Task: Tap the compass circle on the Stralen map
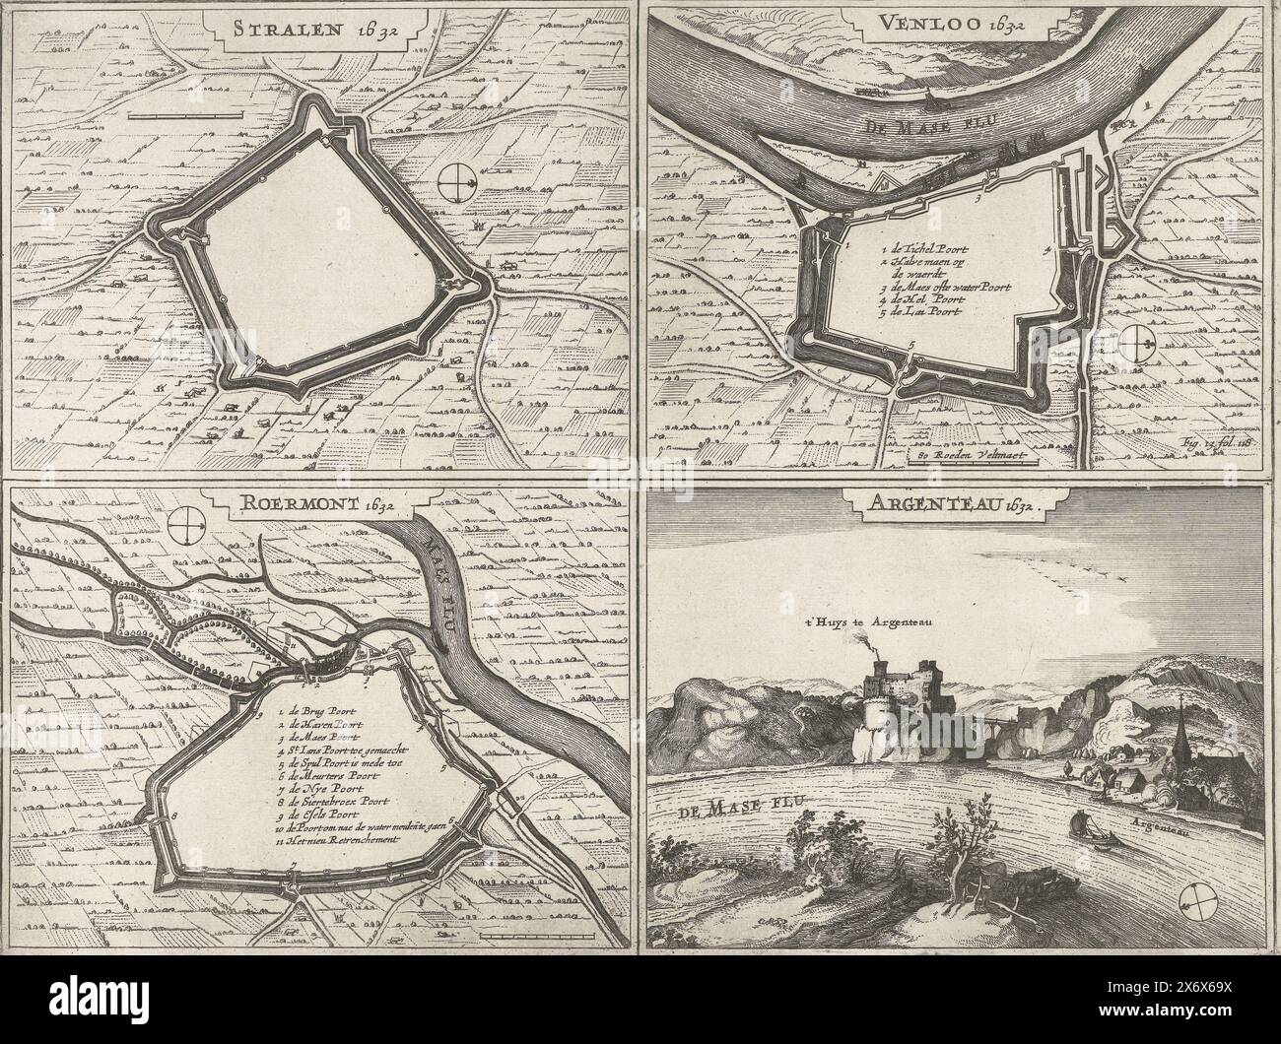coord(458,182)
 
